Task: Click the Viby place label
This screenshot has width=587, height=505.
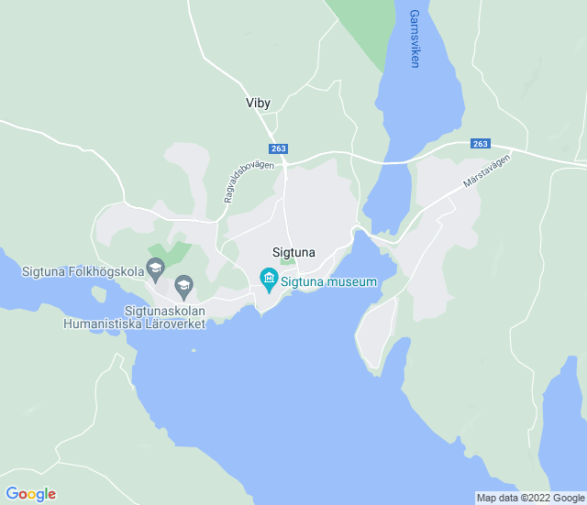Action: [258, 104]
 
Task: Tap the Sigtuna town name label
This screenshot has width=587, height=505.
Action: [293, 252]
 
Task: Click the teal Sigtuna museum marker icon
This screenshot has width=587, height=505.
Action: [269, 278]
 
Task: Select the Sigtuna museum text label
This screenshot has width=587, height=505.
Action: [329, 282]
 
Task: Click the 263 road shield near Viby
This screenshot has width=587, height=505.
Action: [279, 148]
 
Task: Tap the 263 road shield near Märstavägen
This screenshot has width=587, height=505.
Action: [481, 144]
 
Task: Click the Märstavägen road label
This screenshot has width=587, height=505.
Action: [486, 170]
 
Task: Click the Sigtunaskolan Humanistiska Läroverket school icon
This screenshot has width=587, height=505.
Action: [183, 286]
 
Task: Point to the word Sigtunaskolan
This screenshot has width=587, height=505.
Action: [164, 311]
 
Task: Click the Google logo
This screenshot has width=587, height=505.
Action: [30, 494]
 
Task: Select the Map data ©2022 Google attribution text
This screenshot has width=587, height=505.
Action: [530, 498]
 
